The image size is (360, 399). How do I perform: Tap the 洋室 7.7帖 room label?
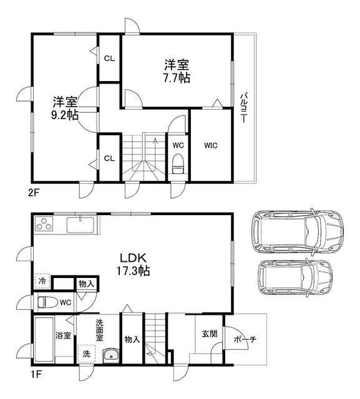[177, 70]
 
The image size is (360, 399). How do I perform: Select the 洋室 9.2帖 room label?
[64, 108]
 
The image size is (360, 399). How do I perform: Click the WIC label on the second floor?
[210, 146]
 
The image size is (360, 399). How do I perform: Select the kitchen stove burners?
[45, 223]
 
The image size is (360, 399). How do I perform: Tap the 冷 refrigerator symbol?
[42, 282]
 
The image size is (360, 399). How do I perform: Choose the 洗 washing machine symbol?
[85, 353]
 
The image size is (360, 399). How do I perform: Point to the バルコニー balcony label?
[243, 107]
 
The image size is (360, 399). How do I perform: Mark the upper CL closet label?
[109, 59]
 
